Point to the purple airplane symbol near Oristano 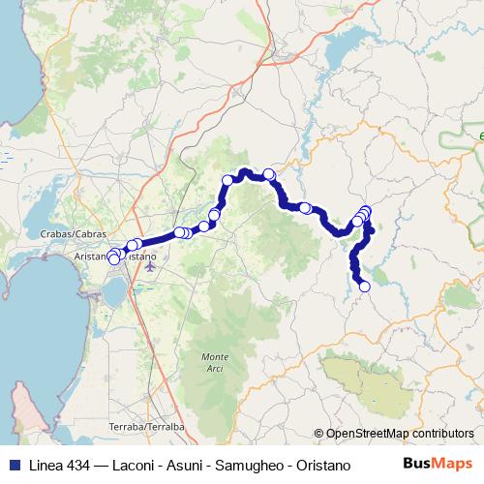pos(148,267)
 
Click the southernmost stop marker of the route pos(365,286)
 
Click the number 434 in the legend pos(79,464)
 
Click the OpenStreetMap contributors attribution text pos(400,434)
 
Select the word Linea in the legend pos(44,464)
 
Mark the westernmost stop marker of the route pos(114,258)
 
